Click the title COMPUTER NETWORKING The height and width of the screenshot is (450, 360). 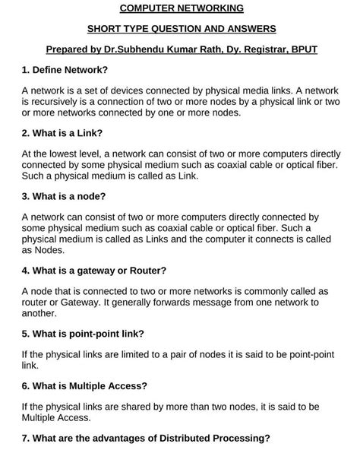tap(182, 9)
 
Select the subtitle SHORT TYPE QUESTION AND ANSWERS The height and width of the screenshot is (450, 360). tap(182, 29)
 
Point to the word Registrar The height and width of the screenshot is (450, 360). tap(264, 49)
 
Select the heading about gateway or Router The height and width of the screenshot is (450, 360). tap(94, 270)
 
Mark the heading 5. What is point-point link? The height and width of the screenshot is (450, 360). tap(83, 333)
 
